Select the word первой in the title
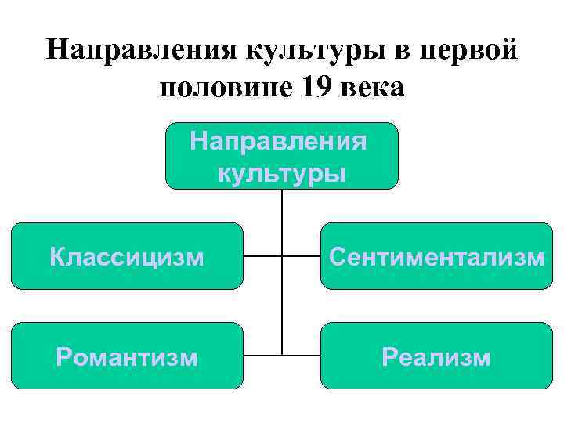pyautogui.click(x=468, y=52)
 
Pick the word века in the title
pyautogui.click(x=371, y=88)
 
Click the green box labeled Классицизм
pyautogui.click(x=127, y=256)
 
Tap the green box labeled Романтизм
pyautogui.click(x=127, y=356)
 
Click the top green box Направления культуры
pyautogui.click(x=282, y=156)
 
